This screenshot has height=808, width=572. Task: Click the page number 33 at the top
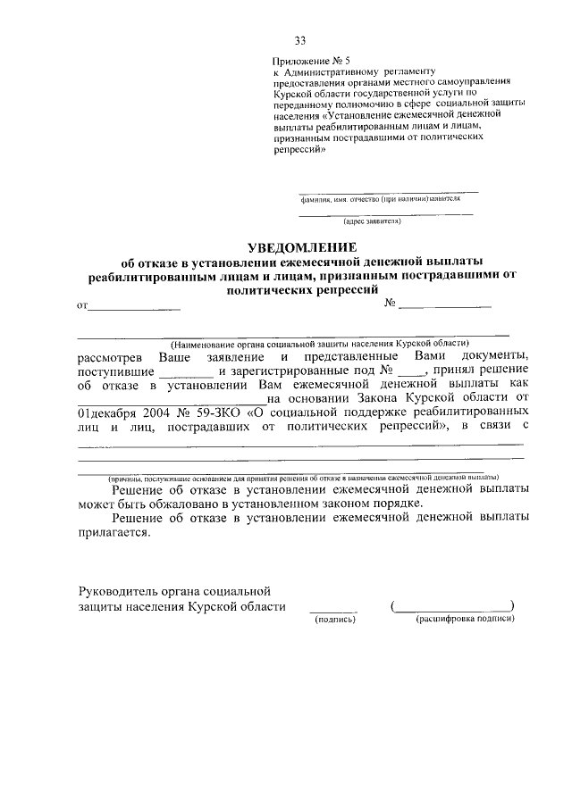tap(300, 40)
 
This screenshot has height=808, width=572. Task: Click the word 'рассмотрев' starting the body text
tap(109, 356)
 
